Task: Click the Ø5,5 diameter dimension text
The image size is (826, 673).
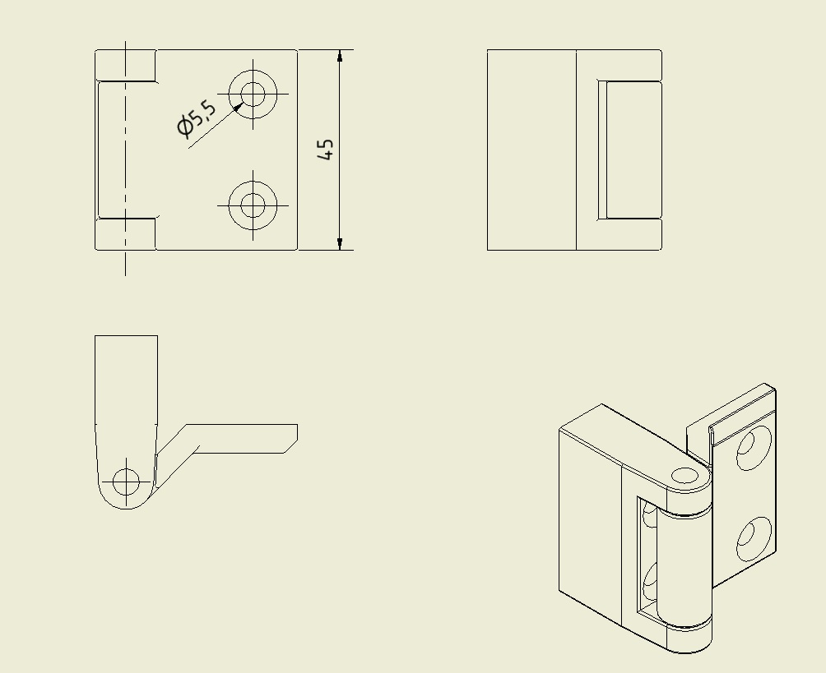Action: click(x=197, y=118)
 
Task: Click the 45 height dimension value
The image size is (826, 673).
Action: click(x=326, y=150)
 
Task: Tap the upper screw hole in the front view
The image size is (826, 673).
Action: click(x=253, y=94)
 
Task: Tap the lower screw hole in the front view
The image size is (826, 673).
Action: click(x=253, y=205)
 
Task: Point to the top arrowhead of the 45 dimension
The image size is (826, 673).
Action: click(x=340, y=56)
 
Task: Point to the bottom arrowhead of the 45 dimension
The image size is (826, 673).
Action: click(x=340, y=243)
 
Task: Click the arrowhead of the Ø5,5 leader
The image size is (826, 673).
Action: click(x=238, y=107)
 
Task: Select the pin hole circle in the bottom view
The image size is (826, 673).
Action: click(x=126, y=482)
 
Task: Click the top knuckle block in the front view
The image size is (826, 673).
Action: click(x=125, y=65)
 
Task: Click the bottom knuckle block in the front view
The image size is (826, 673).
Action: click(x=125, y=233)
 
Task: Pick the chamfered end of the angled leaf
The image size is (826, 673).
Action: click(x=291, y=439)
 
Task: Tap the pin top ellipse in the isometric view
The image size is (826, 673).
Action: click(x=684, y=476)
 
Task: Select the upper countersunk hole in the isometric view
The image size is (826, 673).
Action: click(x=754, y=448)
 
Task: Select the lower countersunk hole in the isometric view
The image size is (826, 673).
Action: click(x=754, y=539)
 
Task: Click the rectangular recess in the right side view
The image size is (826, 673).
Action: click(x=629, y=150)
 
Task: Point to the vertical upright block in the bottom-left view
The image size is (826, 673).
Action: click(x=127, y=380)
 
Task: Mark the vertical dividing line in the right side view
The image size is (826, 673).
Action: click(x=576, y=150)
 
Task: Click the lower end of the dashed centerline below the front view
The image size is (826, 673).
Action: click(x=125, y=275)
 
